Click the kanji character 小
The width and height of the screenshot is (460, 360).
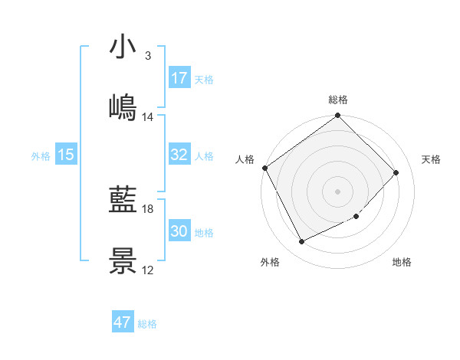(123, 47)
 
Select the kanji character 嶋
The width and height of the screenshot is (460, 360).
(123, 108)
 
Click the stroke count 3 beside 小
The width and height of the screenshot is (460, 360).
(148, 56)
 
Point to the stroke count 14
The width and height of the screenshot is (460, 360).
(148, 117)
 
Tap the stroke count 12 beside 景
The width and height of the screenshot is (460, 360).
(148, 270)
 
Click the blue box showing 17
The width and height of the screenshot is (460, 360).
(179, 78)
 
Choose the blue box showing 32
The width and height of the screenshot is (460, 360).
(179, 155)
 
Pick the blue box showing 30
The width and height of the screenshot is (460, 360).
(179, 231)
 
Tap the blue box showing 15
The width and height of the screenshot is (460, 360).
(66, 155)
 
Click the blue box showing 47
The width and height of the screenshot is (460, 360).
(123, 322)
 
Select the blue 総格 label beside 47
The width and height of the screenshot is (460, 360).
(147, 324)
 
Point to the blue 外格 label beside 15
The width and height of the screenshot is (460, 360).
(40, 156)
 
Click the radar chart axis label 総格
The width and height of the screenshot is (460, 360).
(338, 100)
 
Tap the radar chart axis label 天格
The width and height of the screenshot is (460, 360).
(432, 159)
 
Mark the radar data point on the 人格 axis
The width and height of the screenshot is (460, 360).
(265, 168)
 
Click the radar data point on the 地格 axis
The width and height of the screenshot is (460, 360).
(356, 217)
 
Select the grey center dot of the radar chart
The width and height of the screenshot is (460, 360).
(338, 191)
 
